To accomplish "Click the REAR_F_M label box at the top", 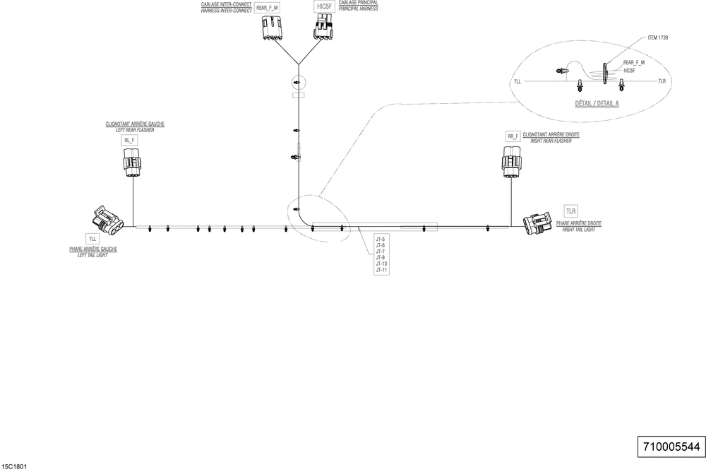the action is pyautogui.click(x=267, y=8).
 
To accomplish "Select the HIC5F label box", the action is pyautogui.click(x=324, y=6).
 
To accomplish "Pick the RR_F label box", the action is pyautogui.click(x=513, y=136).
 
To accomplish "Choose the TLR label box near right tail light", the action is pyautogui.click(x=570, y=211).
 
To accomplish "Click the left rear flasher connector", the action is pyautogui.click(x=132, y=165).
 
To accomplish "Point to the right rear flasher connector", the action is pyautogui.click(x=512, y=160).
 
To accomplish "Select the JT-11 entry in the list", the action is pyautogui.click(x=381, y=270).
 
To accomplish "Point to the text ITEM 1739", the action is pyautogui.click(x=658, y=37).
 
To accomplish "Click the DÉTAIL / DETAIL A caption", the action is pyautogui.click(x=597, y=103).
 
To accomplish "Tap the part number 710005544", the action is pyautogui.click(x=671, y=447).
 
